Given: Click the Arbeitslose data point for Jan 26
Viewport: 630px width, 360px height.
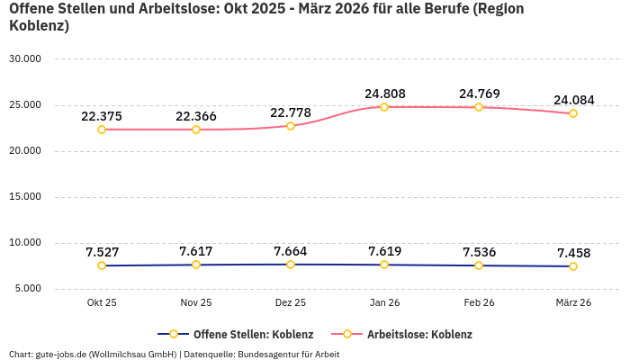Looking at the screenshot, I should click(x=384, y=107).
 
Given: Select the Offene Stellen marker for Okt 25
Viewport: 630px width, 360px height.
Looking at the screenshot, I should click(x=102, y=265).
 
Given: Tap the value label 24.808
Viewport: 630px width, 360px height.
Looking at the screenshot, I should click(x=384, y=93).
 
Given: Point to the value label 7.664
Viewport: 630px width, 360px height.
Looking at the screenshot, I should click(x=291, y=250).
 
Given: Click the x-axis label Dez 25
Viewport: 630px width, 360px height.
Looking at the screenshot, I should click(x=291, y=302).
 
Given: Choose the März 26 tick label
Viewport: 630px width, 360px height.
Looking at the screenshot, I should click(x=573, y=302).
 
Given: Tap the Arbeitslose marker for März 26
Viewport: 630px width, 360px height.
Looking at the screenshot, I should click(x=573, y=113).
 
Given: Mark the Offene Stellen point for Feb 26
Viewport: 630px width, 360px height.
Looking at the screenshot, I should click(x=479, y=265).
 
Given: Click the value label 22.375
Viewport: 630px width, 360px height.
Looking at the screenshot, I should click(x=102, y=116).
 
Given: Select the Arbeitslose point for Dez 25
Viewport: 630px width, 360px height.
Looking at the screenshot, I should click(x=291, y=126).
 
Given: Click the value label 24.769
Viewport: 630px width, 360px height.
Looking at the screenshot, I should click(x=479, y=94).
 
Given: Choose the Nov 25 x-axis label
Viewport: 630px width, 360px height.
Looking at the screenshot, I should click(x=196, y=302).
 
